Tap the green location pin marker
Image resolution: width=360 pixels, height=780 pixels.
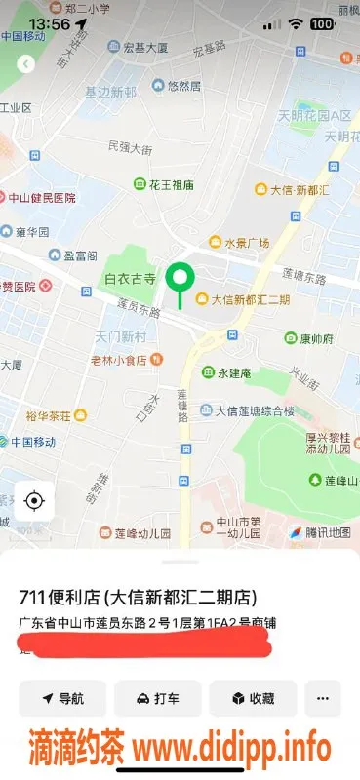coord(179,280)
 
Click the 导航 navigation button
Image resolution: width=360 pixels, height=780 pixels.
coord(62,699)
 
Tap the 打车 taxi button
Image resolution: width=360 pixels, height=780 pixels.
coord(157,699)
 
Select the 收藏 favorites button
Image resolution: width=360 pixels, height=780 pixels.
coord(253,699)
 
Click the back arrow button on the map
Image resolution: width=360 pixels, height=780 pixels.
coord(26,63)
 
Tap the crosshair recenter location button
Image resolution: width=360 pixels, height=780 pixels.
coord(34,501)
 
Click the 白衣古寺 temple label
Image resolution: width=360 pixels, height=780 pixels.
coord(130,279)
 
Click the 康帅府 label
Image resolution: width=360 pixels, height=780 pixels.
coord(308,339)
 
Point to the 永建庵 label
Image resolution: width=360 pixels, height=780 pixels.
coord(227,373)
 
